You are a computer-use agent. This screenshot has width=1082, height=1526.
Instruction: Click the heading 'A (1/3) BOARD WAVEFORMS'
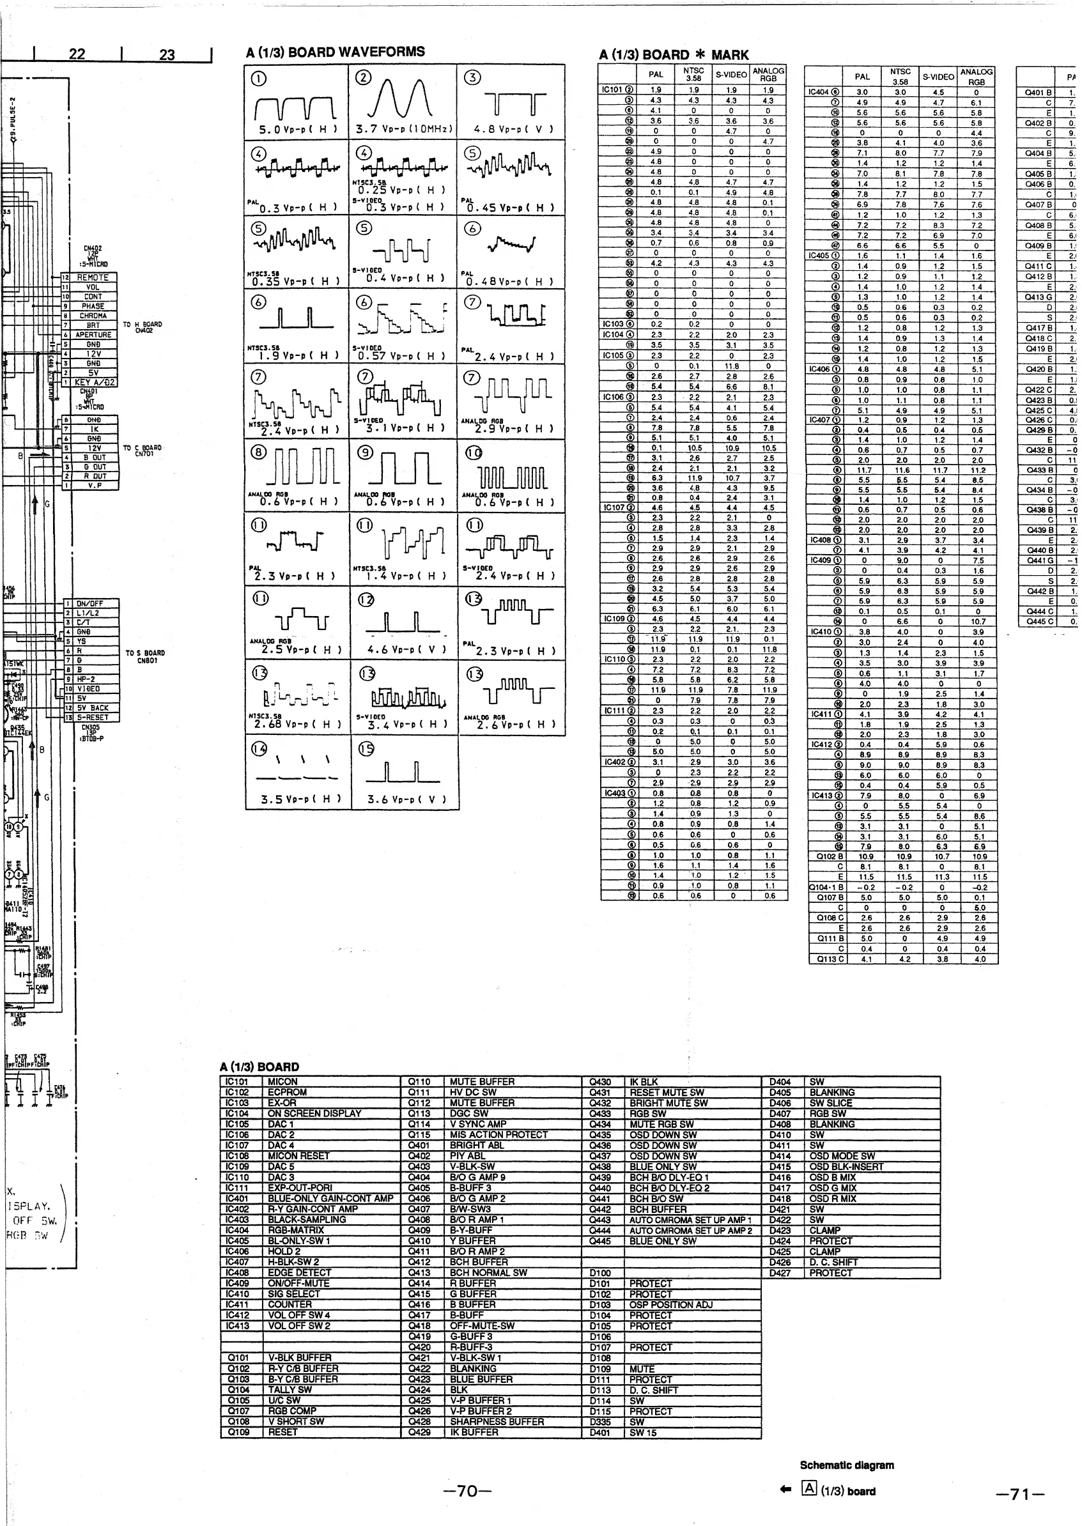[335, 52]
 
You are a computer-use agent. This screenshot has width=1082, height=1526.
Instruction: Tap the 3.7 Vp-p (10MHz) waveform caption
[404, 129]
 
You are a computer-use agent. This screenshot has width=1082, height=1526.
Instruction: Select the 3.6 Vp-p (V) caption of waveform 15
[406, 799]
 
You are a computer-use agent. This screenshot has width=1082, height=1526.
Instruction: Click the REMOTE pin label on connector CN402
[93, 277]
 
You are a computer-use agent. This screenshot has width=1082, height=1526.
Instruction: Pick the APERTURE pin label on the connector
[93, 334]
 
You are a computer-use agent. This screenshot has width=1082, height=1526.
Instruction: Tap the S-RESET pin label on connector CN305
[93, 718]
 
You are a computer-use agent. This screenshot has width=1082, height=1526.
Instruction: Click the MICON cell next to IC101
[282, 1082]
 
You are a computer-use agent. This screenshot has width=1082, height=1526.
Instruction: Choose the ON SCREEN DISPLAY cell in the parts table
[314, 1114]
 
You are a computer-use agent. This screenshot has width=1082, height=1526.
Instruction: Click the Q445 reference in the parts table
[600, 1241]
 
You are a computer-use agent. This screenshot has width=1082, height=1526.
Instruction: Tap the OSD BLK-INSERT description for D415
[846, 1167]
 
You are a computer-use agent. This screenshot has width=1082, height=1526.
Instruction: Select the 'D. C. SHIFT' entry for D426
[833, 1262]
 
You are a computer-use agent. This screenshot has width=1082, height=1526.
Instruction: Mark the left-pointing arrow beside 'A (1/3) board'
[786, 1491]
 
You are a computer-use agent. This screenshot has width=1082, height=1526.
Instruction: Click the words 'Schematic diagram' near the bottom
[847, 1465]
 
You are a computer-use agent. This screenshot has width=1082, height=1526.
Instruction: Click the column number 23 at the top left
[167, 54]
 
